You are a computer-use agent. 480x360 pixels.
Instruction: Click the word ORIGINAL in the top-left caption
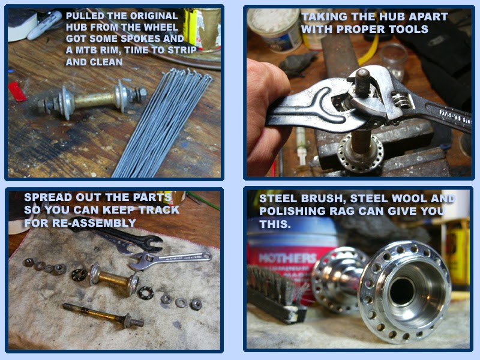point(154,16)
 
